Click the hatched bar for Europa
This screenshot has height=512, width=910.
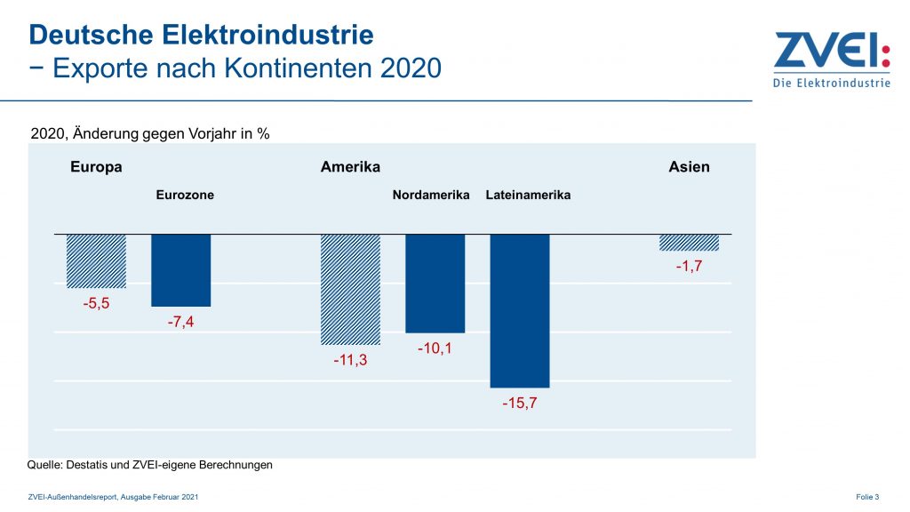[96, 260]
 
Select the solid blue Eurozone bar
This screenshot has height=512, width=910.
[180, 270]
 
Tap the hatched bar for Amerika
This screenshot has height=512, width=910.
[350, 289]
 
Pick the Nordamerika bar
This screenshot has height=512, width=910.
[435, 283]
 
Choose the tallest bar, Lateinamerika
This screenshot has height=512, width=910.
[520, 310]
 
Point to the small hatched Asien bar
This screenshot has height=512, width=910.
[689, 242]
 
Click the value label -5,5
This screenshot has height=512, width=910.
[95, 303]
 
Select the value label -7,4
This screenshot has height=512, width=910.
[180, 322]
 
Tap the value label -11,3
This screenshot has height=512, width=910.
[350, 360]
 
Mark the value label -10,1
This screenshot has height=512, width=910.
[435, 348]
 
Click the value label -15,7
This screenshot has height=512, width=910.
[520, 404]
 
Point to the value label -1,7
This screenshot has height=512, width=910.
[689, 266]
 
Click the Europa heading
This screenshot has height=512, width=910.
[96, 167]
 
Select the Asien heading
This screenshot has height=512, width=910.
[689, 167]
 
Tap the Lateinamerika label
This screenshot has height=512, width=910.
[528, 195]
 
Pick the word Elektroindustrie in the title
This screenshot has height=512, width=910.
[268, 35]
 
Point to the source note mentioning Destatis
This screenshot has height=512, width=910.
[149, 465]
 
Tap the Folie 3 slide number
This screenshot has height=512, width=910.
[867, 497]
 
